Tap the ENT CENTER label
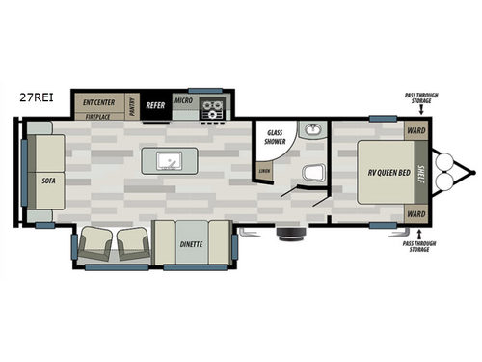[x=99, y=101]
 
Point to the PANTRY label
[x=132, y=107]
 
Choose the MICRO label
[x=184, y=100]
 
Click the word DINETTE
[x=191, y=243]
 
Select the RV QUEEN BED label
[x=383, y=175]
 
